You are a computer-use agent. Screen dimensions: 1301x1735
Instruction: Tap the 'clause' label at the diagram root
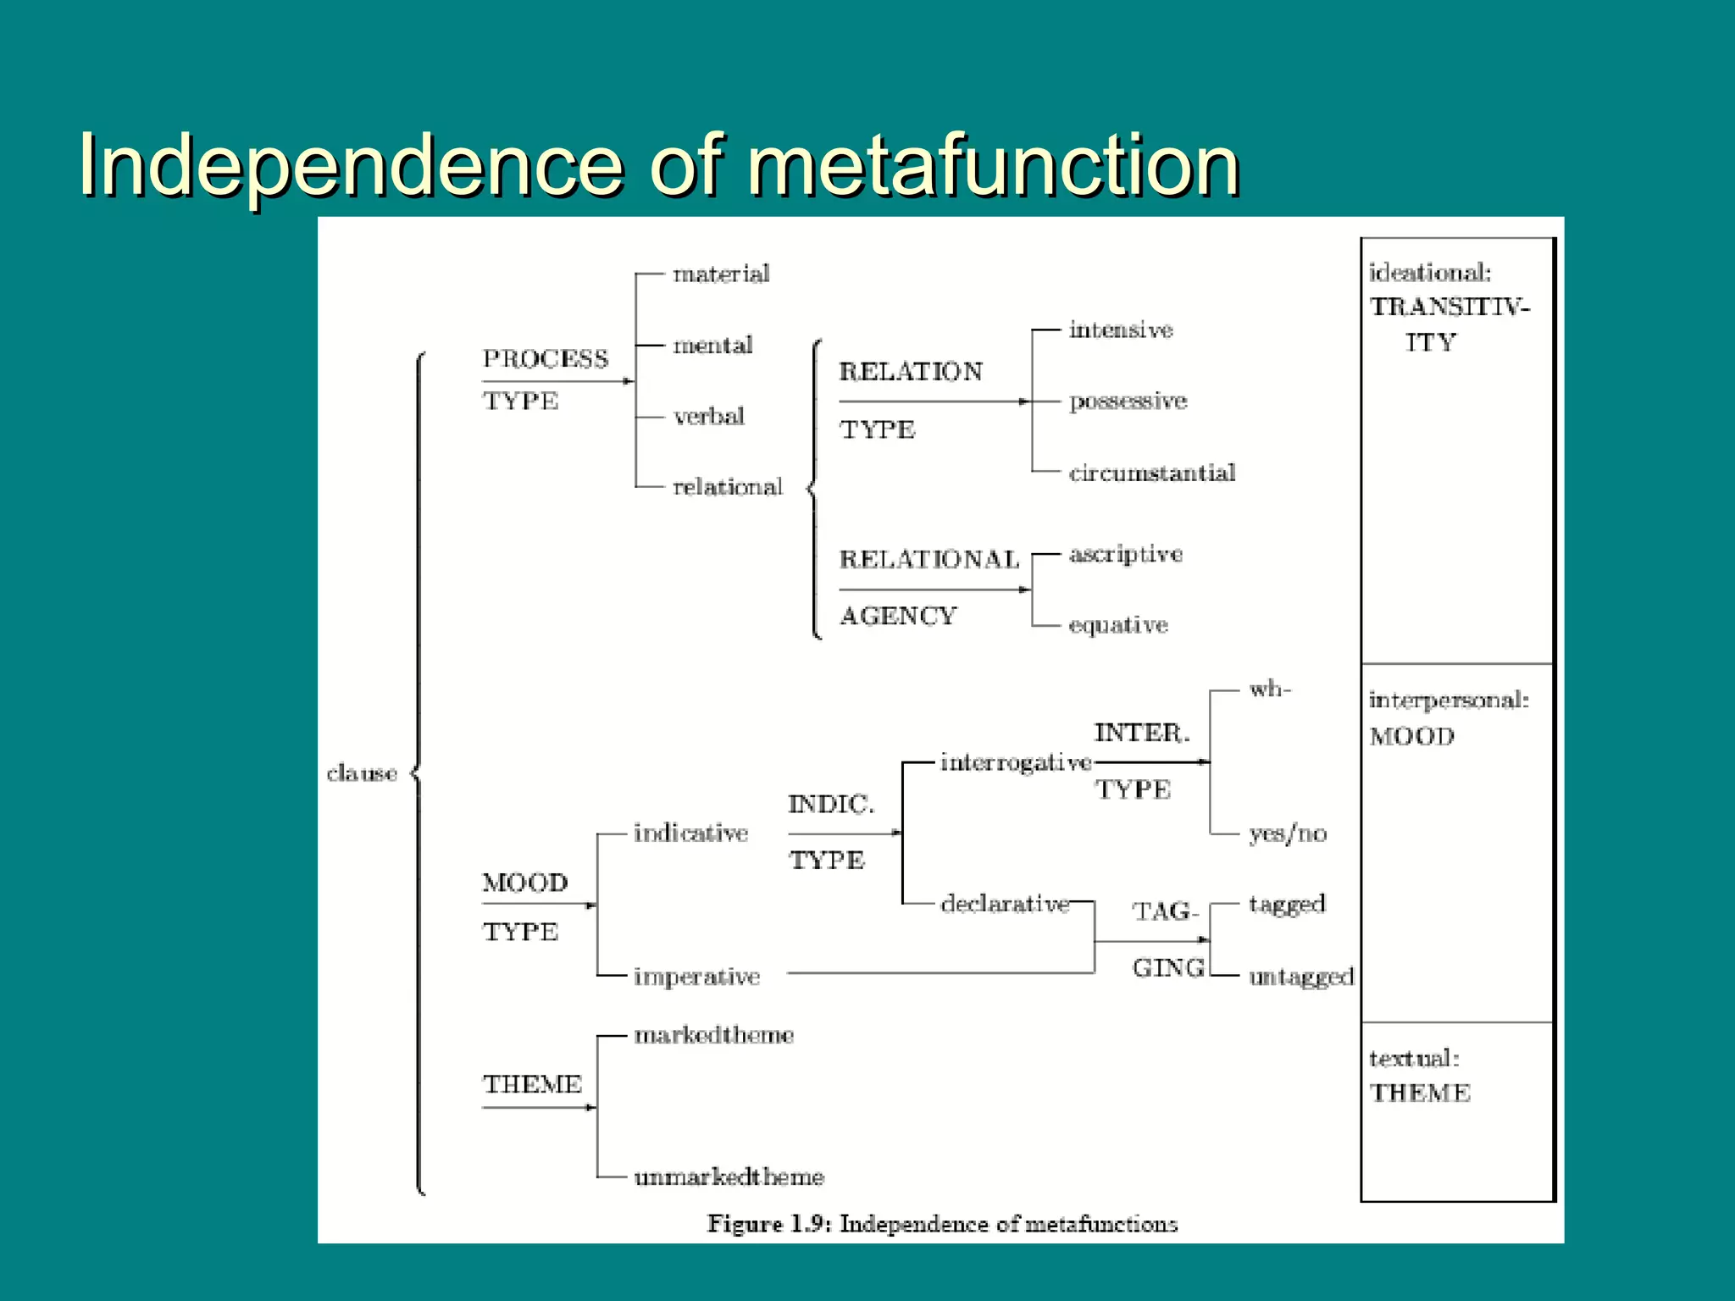[x=362, y=772]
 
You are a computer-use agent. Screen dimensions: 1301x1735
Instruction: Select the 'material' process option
[x=721, y=274]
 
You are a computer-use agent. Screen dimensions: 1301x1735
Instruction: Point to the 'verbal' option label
[x=709, y=416]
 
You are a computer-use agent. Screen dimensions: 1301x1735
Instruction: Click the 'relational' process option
[x=728, y=487]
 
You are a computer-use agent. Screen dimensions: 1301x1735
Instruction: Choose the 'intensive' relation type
[x=1121, y=329]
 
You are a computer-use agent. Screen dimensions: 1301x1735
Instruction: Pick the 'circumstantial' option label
[x=1152, y=473]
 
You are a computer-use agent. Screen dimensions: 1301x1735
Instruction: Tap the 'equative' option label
[x=1118, y=625]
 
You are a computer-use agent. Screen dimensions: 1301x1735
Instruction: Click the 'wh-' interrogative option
[x=1269, y=689]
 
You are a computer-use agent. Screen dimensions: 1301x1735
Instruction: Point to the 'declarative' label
[x=1005, y=904]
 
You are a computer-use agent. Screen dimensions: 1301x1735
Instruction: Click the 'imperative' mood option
[x=696, y=977]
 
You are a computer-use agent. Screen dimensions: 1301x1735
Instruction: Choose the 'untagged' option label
[x=1301, y=977]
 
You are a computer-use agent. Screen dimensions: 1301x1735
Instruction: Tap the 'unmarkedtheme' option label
[x=729, y=1176]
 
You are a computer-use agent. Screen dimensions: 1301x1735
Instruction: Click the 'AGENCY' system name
[x=898, y=616]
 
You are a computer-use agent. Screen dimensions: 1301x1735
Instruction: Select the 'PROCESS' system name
[x=546, y=358]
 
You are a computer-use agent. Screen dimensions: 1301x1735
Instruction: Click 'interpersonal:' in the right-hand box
[x=1449, y=700]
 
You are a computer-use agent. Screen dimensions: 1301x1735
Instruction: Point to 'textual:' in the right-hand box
[x=1414, y=1058]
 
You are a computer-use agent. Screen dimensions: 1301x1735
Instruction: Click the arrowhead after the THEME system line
[x=591, y=1107]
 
